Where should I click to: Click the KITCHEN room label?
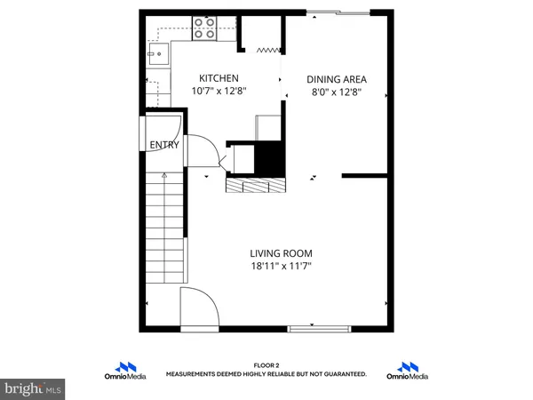coord(218,78)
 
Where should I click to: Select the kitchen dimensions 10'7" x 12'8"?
coord(218,91)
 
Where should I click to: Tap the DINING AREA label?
coord(336,78)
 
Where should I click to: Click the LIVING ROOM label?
coord(281,252)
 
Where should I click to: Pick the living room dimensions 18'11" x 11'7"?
coord(281,265)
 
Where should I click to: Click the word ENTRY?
coord(164,145)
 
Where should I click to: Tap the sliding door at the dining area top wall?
coord(337,13)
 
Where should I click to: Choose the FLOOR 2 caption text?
coord(266,364)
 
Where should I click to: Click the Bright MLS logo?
coord(34,388)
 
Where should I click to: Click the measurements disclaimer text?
coord(266,375)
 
